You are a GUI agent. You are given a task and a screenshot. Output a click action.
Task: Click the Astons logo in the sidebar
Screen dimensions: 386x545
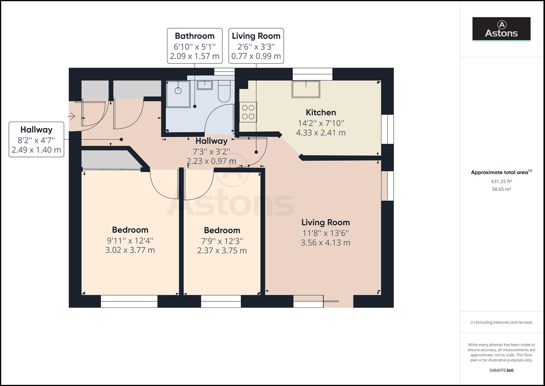coord(501,29)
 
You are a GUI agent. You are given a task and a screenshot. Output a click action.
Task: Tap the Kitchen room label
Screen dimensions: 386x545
coord(321,113)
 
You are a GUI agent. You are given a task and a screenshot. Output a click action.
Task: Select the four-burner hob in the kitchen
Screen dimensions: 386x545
coord(248,112)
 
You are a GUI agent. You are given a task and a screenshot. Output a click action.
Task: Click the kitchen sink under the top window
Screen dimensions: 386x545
coord(306,89)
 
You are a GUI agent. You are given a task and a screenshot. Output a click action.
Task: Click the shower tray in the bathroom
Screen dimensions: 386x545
coord(178,93)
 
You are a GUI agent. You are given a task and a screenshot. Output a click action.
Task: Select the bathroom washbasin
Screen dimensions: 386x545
coord(205,85)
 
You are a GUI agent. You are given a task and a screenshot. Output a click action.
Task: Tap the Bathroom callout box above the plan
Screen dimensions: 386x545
coord(195,46)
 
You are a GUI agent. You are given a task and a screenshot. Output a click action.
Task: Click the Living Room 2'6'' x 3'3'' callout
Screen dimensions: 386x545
coord(256,46)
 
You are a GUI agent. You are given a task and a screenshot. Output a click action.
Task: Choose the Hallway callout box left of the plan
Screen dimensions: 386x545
coord(36,139)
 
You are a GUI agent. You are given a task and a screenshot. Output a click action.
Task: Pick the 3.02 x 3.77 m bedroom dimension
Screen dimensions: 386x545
coord(130,250)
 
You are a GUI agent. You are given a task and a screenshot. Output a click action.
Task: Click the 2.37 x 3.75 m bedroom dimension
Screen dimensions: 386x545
coord(222,251)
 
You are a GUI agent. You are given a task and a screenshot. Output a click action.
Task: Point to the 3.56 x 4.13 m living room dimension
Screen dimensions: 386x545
coord(325,243)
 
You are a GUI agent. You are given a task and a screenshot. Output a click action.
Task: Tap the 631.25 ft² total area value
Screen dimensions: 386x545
coord(501,181)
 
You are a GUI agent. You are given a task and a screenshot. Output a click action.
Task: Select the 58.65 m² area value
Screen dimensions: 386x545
coord(501,189)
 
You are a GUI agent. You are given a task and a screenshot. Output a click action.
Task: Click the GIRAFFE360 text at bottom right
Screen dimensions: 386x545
coord(501,370)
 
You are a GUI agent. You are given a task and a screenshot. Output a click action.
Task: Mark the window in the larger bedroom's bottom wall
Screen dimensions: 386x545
coord(129,301)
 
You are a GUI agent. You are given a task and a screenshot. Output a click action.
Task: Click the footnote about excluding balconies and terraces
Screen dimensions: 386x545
coord(501,322)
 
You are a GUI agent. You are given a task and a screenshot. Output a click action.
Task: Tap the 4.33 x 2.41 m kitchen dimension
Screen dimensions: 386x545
coord(321,133)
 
